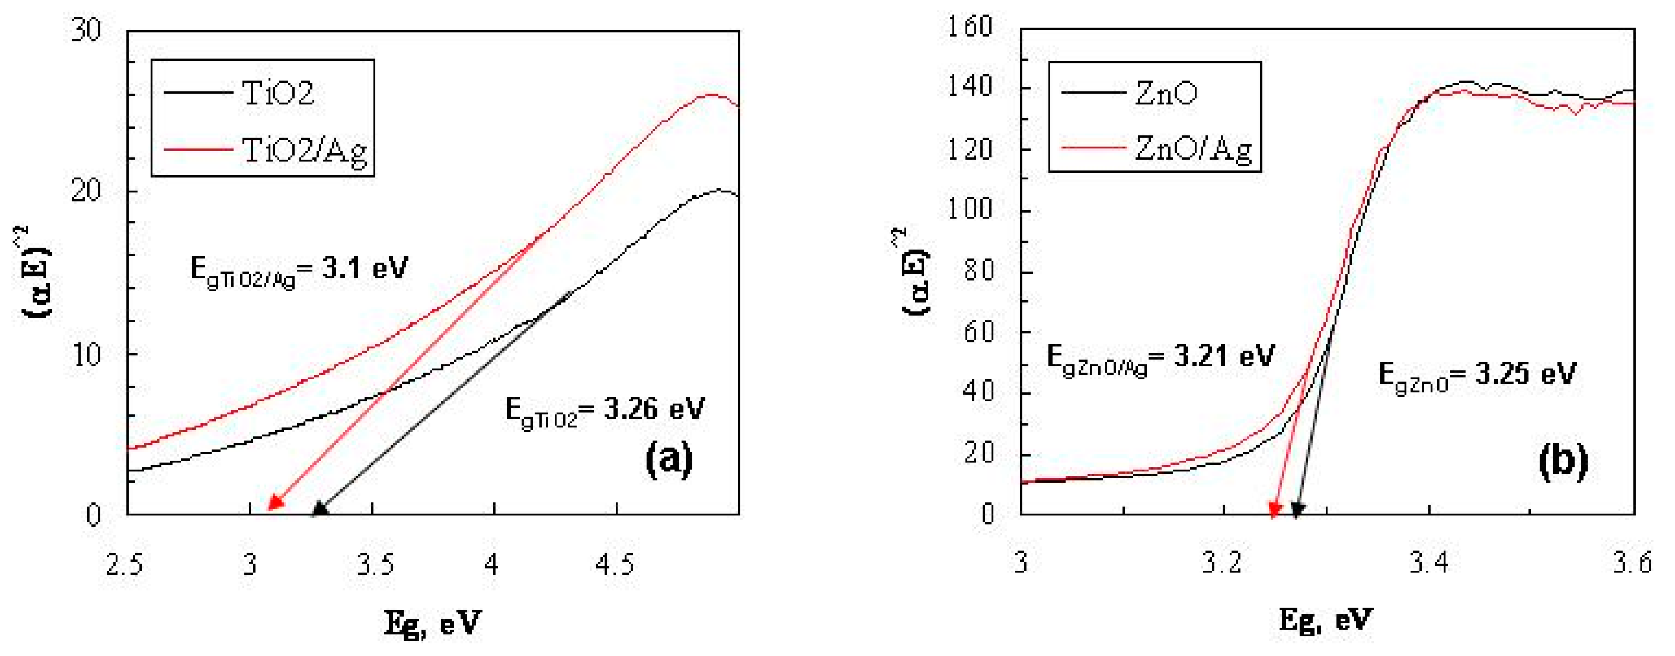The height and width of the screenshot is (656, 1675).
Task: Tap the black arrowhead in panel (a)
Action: [319, 509]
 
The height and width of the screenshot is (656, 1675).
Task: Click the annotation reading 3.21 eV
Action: [1161, 359]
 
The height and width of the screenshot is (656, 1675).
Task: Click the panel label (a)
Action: [669, 460]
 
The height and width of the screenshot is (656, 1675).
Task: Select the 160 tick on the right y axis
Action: [969, 27]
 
